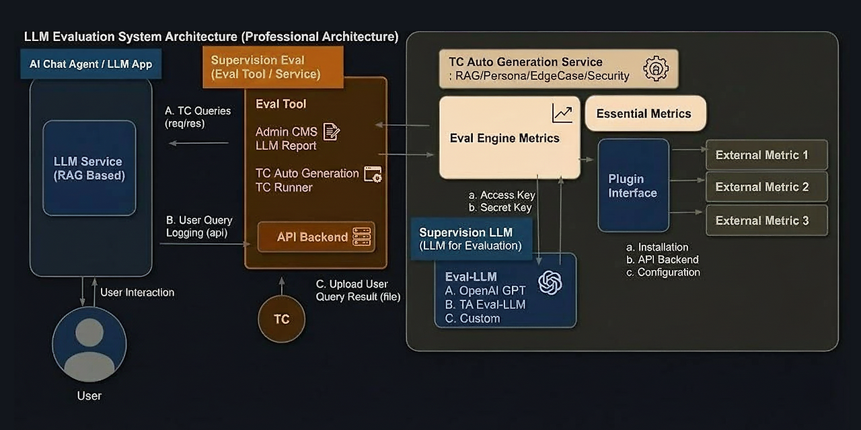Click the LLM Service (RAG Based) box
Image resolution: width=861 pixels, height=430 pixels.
pos(89,168)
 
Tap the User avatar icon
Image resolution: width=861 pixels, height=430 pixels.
pos(89,344)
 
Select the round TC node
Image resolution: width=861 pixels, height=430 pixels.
pos(281,319)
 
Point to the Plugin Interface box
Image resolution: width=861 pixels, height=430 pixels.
pos(633,186)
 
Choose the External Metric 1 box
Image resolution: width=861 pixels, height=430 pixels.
pos(766,155)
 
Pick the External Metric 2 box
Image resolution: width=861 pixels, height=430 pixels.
pos(766,187)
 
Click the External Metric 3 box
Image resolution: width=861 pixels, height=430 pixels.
pos(766,220)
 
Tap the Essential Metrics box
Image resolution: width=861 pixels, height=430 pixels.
pos(645,114)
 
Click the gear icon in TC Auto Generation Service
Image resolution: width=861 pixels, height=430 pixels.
pos(656,69)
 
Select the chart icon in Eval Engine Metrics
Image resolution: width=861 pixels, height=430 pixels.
pos(562,114)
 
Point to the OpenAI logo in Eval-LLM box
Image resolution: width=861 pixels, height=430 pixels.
pos(550,282)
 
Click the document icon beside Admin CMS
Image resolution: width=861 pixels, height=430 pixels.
pos(331,132)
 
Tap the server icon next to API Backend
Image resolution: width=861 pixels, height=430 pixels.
pos(363,236)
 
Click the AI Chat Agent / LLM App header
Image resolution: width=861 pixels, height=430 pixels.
pos(91,64)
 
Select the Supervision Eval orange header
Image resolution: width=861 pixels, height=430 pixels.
pos(272,67)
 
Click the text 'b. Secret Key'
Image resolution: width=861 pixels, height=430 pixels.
pos(500,208)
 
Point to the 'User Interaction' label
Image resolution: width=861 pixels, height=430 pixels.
pos(137,292)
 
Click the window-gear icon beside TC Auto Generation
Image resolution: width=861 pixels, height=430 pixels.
pos(373,175)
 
